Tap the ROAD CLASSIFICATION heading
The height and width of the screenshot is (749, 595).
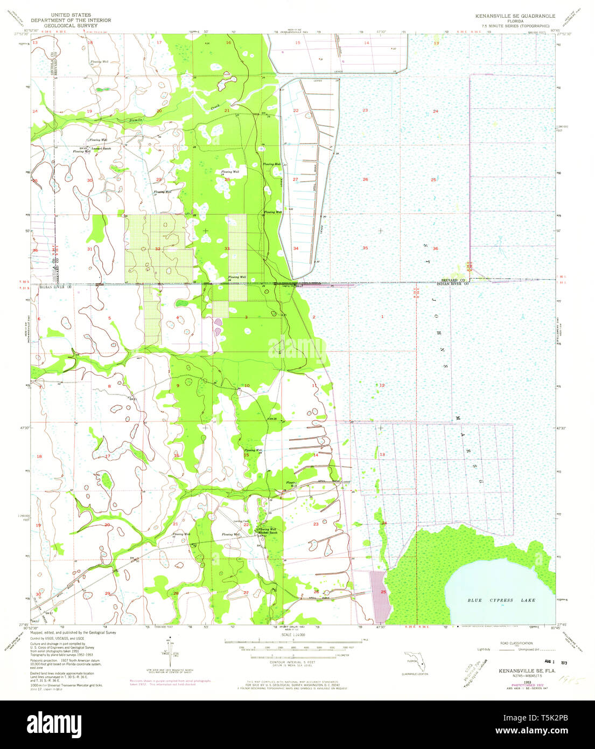(x=515, y=643)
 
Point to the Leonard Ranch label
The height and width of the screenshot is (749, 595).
(x=101, y=148)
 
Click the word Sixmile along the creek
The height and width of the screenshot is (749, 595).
(x=135, y=120)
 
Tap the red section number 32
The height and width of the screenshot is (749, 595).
(x=157, y=248)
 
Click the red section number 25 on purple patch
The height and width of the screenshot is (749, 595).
(x=383, y=592)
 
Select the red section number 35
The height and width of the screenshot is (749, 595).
(x=365, y=248)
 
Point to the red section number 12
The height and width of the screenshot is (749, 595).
(x=382, y=385)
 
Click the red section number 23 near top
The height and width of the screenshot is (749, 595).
(x=365, y=110)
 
